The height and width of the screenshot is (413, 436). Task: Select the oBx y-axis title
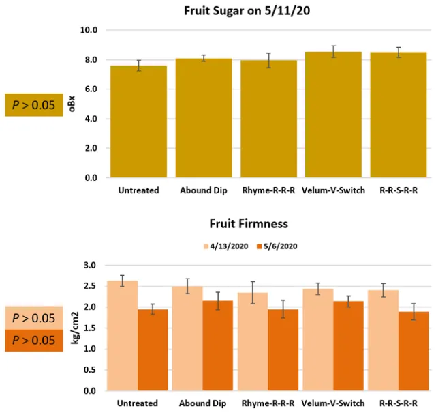point(70,104)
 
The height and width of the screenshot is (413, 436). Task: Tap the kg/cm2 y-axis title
point(70,328)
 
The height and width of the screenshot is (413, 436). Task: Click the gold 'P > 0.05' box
point(35,104)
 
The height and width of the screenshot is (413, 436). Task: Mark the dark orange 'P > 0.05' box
point(35,340)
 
